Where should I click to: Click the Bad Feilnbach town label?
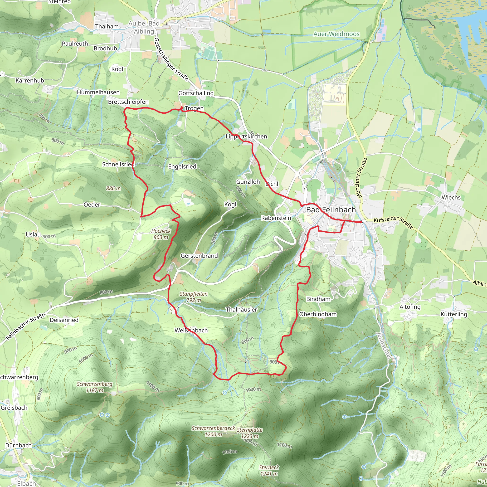point(331,210)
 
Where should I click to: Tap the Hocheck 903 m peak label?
point(161,234)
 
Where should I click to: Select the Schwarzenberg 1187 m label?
point(95,387)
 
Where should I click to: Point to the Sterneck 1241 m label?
point(269,471)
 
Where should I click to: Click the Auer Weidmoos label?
point(336,34)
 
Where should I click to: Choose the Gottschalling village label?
point(196,93)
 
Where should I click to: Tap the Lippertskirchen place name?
point(246,136)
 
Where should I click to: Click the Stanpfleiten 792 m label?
point(194,297)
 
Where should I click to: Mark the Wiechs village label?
point(451,197)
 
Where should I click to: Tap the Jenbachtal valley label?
point(384,346)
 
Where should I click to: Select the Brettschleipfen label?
point(128,102)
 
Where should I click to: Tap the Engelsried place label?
point(182,166)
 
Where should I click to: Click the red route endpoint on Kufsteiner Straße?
point(361,222)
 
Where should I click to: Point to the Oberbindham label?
point(318,314)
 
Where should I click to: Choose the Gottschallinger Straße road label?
point(171,59)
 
